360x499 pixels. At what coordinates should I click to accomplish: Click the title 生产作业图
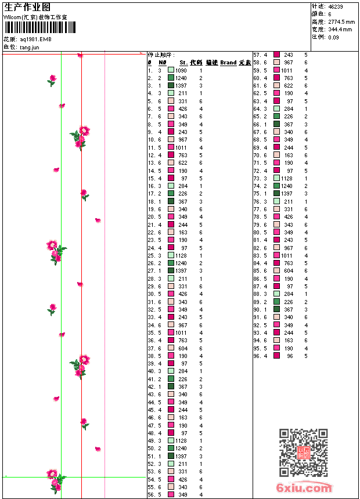coord(27,7)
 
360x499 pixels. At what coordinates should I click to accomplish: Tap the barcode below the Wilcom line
coord(36,27)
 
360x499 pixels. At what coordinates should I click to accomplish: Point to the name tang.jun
coord(30,46)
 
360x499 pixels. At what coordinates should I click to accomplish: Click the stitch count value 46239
coord(336,6)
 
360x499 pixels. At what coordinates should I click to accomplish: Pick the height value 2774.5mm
coord(341,21)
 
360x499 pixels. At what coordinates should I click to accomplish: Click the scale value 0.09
coord(333,37)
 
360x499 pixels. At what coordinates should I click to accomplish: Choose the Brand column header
coord(228,63)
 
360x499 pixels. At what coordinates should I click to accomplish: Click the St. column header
coord(183,63)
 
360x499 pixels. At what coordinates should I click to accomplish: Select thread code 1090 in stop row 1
coord(181,70)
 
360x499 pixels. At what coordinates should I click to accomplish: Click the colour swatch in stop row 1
coord(171,70)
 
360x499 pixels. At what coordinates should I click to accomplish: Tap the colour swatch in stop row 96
coord(277,356)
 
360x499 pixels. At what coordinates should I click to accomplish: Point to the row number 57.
coord(257,55)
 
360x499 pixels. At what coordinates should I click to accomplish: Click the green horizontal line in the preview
coord(116,477)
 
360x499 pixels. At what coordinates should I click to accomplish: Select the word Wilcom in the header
coord(12,17)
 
